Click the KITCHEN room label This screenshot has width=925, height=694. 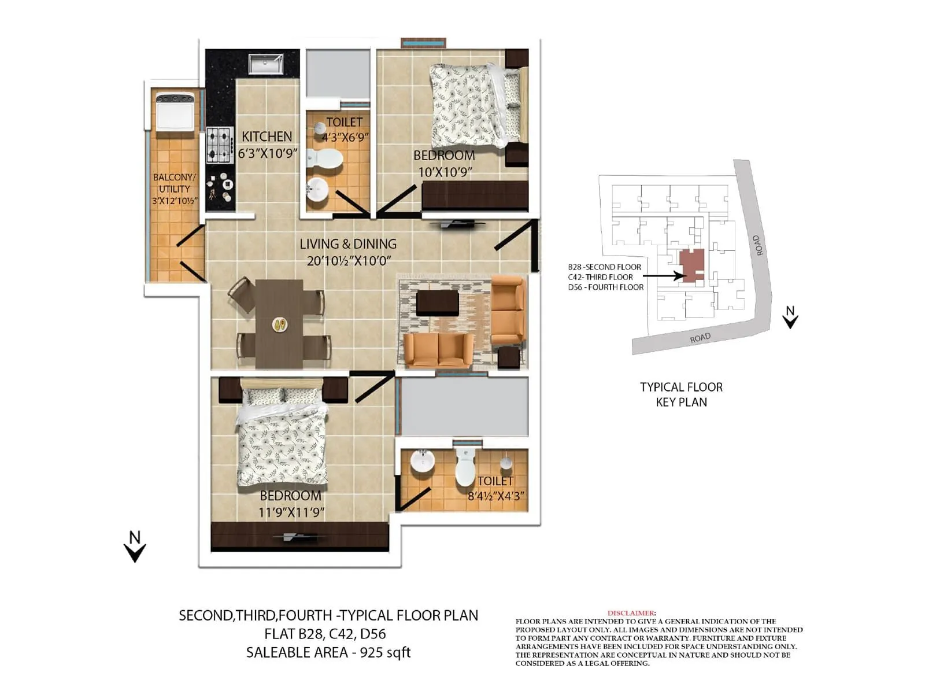click(267, 136)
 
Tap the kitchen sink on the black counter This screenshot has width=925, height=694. click(266, 64)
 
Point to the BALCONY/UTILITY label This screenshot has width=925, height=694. click(174, 183)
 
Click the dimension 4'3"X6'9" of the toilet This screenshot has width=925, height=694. click(345, 138)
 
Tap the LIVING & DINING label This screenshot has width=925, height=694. click(348, 244)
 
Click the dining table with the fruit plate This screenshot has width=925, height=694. click(279, 323)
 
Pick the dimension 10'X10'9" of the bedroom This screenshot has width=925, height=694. click(445, 172)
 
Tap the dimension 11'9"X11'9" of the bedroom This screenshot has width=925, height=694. click(291, 512)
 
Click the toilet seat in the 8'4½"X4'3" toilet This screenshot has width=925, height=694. click(465, 468)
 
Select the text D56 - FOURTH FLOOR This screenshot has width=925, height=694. click(605, 287)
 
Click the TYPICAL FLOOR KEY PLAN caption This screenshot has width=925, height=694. click(681, 394)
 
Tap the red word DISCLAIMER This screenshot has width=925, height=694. click(631, 613)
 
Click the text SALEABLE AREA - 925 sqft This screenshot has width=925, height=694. click(328, 652)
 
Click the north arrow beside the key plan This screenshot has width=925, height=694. click(790, 318)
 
